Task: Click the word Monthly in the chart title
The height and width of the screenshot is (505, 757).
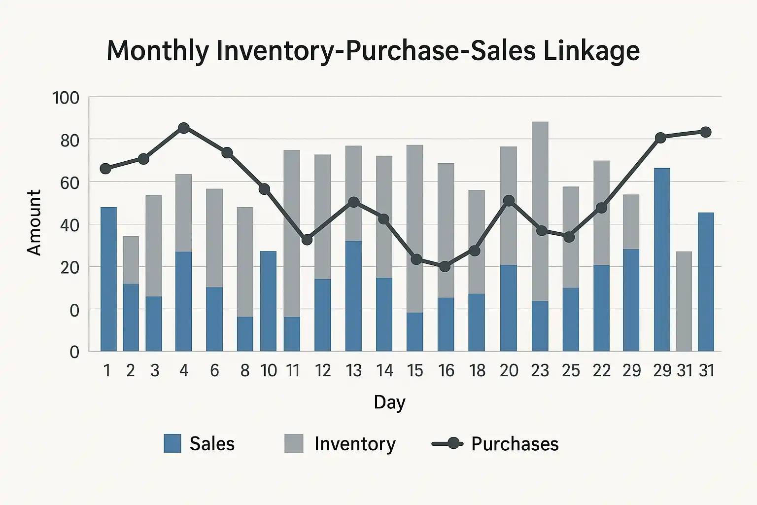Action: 157,51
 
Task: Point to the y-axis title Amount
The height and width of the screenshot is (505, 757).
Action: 34,222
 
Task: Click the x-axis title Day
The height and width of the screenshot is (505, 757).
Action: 389,402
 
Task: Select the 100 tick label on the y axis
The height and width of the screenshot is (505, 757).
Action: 66,98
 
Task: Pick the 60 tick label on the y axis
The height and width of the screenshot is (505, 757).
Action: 69,182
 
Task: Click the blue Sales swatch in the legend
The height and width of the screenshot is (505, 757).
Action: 172,443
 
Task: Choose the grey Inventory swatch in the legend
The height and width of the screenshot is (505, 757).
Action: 294,443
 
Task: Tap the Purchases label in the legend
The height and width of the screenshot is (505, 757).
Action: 515,444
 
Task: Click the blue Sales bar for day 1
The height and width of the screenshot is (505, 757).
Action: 108,279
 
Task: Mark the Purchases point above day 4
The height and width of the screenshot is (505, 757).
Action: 184,128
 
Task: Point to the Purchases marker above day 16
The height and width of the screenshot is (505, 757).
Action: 445,266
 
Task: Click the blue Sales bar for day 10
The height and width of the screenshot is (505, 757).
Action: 268,301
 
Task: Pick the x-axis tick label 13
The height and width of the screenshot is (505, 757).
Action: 353,370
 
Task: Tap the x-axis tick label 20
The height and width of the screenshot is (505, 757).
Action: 509,370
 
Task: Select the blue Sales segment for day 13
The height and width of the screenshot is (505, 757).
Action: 353,296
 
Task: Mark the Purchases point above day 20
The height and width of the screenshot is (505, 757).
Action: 509,201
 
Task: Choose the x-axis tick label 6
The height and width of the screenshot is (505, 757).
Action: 214,370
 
